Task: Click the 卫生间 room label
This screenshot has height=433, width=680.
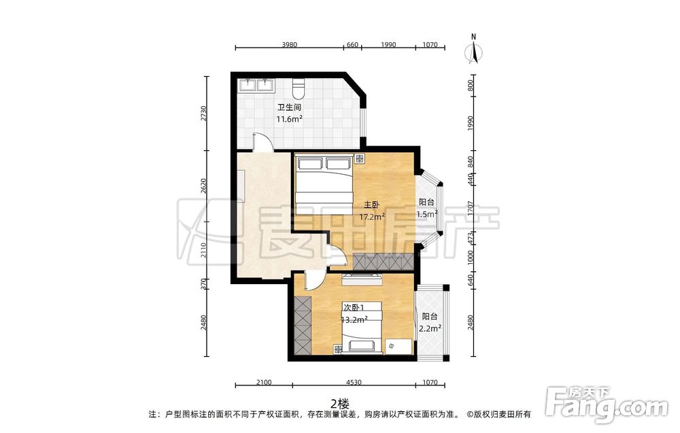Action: click(289, 107)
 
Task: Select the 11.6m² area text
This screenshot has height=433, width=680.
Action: click(289, 119)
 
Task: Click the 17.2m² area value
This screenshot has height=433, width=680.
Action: click(372, 217)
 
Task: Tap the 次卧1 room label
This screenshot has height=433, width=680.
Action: click(354, 307)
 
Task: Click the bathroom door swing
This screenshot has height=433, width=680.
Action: click(262, 142)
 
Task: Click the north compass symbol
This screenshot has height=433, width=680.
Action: click(474, 50)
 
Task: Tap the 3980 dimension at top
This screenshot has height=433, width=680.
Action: click(289, 45)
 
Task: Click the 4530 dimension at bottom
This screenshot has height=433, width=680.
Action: click(354, 382)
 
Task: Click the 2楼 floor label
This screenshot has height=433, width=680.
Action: click(339, 404)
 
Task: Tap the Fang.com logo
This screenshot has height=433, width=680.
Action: click(607, 405)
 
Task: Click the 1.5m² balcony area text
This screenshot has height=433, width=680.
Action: click(427, 214)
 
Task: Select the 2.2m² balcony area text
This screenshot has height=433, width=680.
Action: click(430, 328)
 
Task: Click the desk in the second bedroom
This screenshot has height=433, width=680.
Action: click(398, 346)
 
